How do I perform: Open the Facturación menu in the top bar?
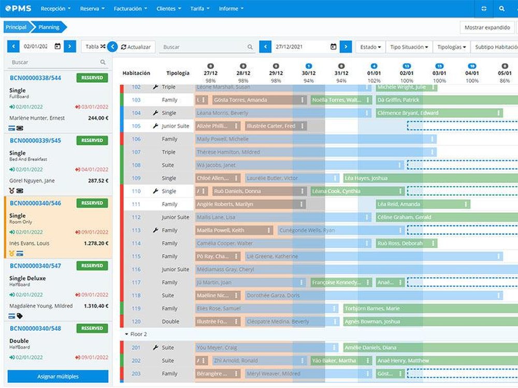(130, 9)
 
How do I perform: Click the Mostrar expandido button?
(487, 27)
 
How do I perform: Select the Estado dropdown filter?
(370, 47)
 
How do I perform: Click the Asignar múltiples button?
(57, 376)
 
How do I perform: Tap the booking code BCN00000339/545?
(35, 140)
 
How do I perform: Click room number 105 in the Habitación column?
(136, 126)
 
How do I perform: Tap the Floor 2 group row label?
(138, 334)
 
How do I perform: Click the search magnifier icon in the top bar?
(501, 9)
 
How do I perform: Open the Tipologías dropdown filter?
(451, 47)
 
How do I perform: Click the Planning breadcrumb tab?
(49, 27)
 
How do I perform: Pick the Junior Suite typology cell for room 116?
(175, 270)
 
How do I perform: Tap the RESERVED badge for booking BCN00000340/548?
(92, 328)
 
